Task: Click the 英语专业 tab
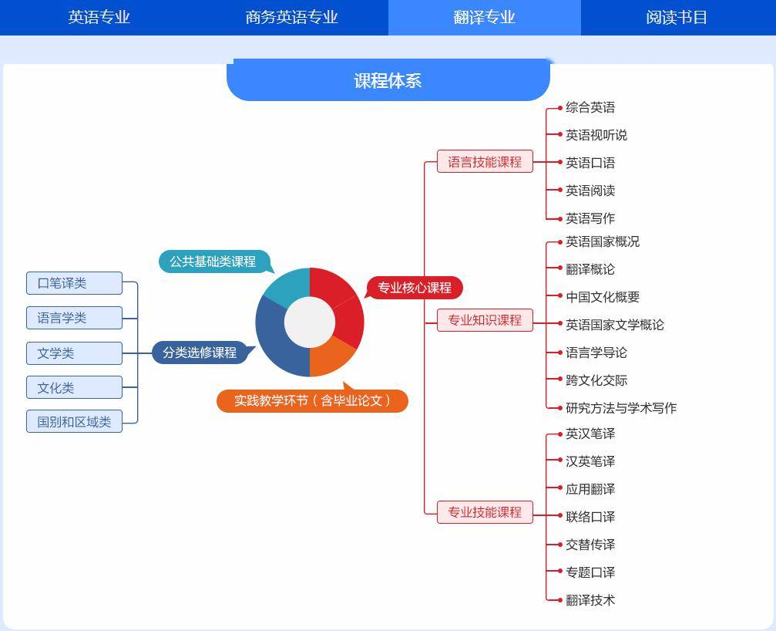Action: pos(99,17)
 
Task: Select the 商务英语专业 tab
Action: pos(291,17)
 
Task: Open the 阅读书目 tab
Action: pos(677,17)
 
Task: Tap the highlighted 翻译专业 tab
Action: pos(484,17)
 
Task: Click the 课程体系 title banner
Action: pos(388,81)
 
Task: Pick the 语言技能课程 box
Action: pos(485,162)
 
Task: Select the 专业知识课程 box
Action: pos(485,320)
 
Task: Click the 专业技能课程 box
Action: pos(485,512)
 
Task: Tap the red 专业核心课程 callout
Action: pos(414,288)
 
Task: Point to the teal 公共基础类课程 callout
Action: pos(213,262)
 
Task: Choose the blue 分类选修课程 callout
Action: pos(199,353)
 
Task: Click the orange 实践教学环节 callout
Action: pos(312,401)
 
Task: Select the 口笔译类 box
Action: pos(74,283)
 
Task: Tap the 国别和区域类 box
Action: pos(74,422)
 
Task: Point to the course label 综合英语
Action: pos(590,107)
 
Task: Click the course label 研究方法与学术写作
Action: pos(621,408)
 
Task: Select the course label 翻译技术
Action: pos(590,600)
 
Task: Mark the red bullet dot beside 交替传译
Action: pos(560,545)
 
